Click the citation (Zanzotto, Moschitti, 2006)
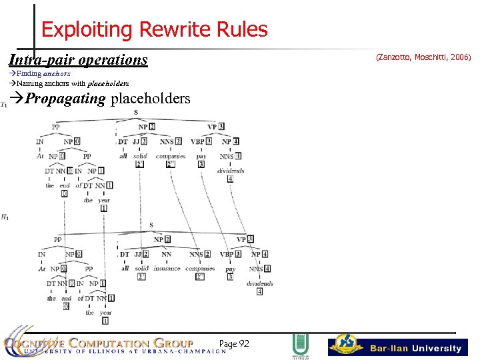coord(423,58)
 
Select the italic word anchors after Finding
coord(57,73)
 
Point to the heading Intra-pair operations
coord(78,60)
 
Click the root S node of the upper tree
coord(136,112)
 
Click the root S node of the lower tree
coord(151,225)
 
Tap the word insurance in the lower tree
coord(167,268)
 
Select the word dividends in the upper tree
coord(231,171)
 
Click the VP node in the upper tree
coord(213,126)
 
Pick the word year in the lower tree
coord(105,312)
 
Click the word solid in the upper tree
coord(140,156)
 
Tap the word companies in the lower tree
coord(200,268)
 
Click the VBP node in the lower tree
coord(227,254)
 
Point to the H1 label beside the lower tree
coord(5,217)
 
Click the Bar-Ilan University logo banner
coord(397,347)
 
